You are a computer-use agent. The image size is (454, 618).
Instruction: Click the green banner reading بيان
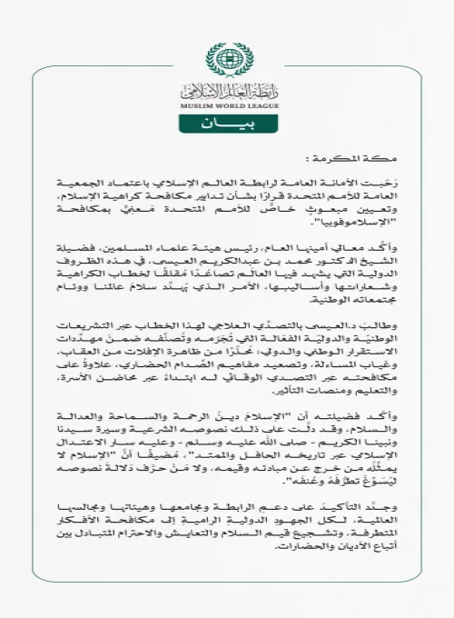coord(226,122)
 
